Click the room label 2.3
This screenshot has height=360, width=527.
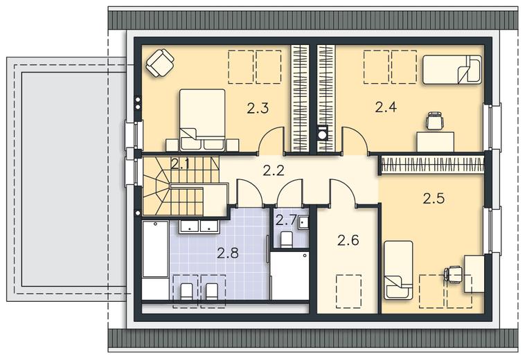(x=258, y=109)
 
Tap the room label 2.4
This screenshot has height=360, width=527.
(x=386, y=107)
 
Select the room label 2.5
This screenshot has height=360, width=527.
(x=434, y=199)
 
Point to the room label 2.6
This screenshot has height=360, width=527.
(x=348, y=240)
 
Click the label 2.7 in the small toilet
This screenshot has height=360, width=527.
(x=286, y=221)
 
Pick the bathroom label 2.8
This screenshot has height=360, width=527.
(x=228, y=253)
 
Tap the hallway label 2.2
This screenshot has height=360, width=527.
(x=274, y=171)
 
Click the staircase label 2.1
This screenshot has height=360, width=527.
(x=181, y=164)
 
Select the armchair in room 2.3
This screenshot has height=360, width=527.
(x=160, y=62)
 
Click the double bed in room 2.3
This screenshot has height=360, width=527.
(x=202, y=120)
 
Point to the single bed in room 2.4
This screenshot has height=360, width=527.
(x=452, y=69)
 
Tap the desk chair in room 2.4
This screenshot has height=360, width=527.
(x=436, y=121)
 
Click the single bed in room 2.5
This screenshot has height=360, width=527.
(x=398, y=269)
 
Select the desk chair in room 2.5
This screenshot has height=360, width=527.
(x=453, y=274)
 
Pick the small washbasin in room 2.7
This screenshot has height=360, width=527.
(x=303, y=222)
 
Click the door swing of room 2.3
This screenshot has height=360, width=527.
(x=271, y=138)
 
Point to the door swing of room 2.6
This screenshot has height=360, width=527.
(x=343, y=191)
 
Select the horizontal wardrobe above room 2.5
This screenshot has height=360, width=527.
(x=433, y=165)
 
